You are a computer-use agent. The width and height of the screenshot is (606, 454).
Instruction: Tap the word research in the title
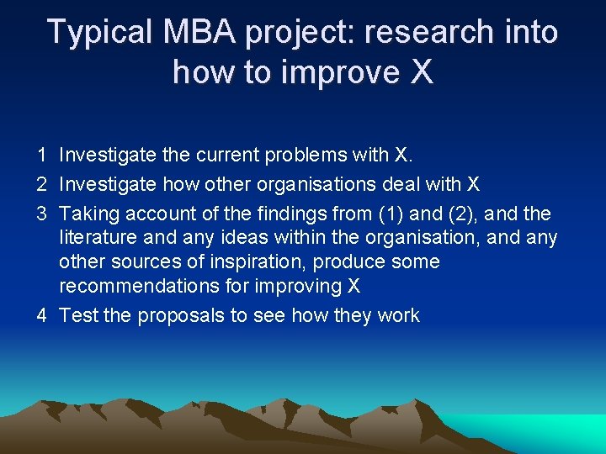tap(417, 32)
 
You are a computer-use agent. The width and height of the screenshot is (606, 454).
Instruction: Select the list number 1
tap(41, 155)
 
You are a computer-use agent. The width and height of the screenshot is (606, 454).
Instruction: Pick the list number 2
tap(41, 184)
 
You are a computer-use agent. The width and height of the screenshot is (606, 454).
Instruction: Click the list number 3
tap(41, 214)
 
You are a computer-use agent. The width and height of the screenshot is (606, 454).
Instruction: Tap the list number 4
tap(41, 315)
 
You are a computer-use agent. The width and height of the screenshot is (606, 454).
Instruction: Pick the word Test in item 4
tap(79, 315)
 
